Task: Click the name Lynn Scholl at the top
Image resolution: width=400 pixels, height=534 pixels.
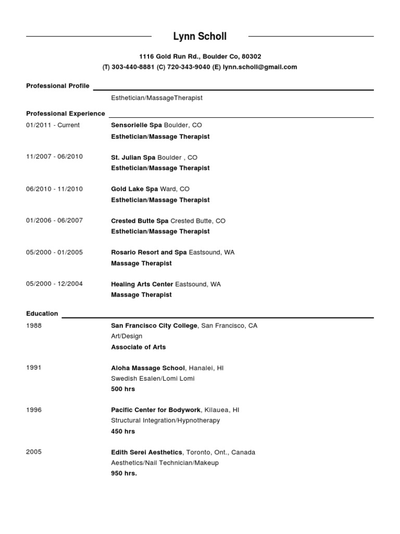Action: tap(200, 37)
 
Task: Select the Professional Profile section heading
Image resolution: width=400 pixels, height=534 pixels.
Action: tap(58, 86)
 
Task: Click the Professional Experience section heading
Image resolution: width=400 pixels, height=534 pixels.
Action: tap(66, 114)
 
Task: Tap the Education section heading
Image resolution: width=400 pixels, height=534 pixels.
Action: tap(42, 313)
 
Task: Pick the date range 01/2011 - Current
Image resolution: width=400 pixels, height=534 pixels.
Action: tap(53, 125)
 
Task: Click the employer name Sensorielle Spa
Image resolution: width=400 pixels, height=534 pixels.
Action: tap(136, 126)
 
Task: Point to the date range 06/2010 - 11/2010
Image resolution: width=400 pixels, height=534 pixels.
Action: tap(54, 189)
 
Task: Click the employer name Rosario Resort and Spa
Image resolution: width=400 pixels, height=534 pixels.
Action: tap(149, 252)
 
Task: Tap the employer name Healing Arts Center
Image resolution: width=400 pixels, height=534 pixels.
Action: tap(142, 284)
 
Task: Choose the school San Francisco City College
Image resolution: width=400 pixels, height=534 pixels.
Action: tap(154, 326)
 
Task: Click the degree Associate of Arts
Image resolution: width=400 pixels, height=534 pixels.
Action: tap(139, 347)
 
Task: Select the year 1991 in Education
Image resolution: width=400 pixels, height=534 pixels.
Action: tap(34, 368)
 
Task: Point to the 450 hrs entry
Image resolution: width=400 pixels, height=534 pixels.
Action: tap(123, 431)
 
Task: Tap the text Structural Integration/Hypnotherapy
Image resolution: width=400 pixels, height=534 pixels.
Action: tap(166, 420)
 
